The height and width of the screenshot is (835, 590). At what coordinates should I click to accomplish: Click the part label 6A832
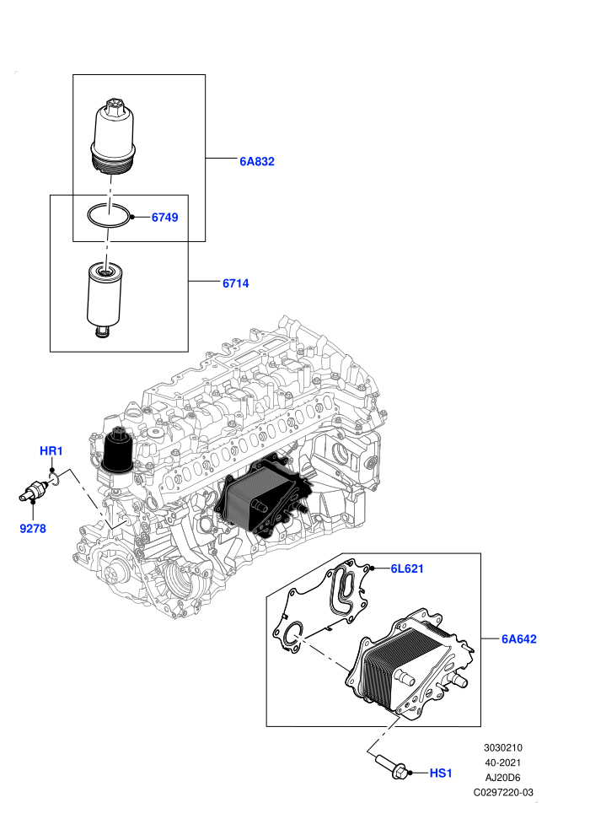[257, 161]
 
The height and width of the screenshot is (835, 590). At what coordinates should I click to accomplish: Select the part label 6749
[165, 218]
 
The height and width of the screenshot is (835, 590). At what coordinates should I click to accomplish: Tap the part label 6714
[236, 283]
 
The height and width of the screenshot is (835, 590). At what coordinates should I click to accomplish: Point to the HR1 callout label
[51, 451]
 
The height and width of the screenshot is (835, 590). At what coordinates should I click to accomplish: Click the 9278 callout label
[33, 529]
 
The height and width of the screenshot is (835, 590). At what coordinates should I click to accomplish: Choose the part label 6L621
[407, 568]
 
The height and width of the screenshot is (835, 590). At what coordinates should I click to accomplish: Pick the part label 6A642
[519, 639]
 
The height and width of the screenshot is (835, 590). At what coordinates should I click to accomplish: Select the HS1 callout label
[441, 773]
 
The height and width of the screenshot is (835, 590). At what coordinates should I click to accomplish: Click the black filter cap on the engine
[117, 450]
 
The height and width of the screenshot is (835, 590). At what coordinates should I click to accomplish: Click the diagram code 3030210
[502, 747]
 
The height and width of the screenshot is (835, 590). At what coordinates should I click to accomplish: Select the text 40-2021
[502, 762]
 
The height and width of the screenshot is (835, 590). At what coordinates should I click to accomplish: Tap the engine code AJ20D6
[502, 778]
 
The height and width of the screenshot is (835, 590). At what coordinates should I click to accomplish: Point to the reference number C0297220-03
[503, 792]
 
